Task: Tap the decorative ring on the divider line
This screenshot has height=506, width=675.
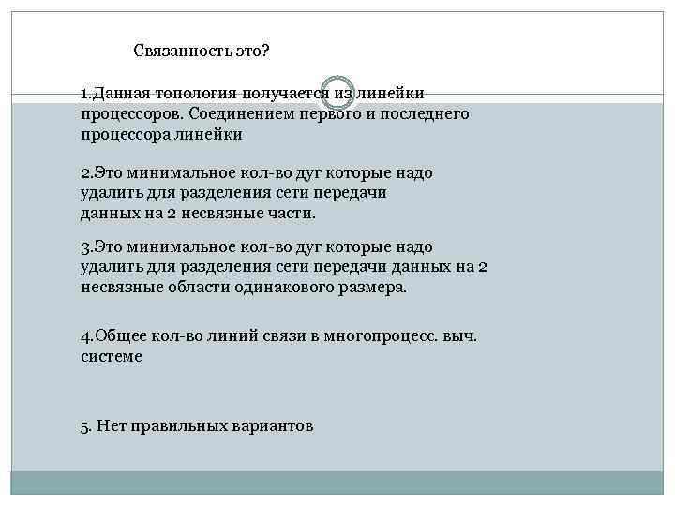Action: click(x=337, y=90)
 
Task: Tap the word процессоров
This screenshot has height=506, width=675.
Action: click(x=131, y=113)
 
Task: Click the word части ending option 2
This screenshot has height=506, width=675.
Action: click(x=292, y=213)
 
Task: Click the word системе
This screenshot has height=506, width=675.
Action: click(x=112, y=357)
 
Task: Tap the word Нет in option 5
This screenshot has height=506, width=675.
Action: click(x=109, y=425)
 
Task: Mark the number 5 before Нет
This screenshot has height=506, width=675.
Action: click(x=85, y=425)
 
